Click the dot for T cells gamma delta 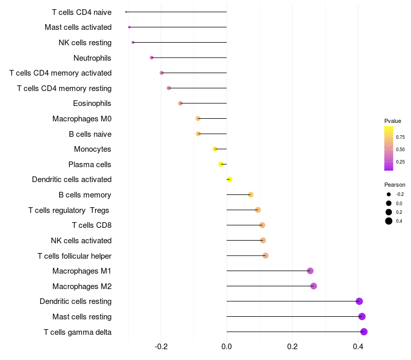pyautogui.click(x=364, y=332)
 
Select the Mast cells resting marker pyautogui.click(x=362, y=316)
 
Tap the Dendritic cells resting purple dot pyautogui.click(x=359, y=301)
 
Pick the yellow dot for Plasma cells pyautogui.click(x=221, y=164)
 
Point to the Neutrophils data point pyautogui.click(x=152, y=58)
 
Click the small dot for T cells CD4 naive pyautogui.click(x=126, y=12)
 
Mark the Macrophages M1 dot pyautogui.click(x=310, y=271)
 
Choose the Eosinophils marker pyautogui.click(x=180, y=103)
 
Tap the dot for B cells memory pyautogui.click(x=251, y=195)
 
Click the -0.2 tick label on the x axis pyautogui.click(x=161, y=347)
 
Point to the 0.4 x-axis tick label pyautogui.click(x=358, y=347)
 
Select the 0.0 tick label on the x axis pyautogui.click(x=227, y=347)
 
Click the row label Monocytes pyautogui.click(x=92, y=149)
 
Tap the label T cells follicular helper pyautogui.click(x=74, y=256)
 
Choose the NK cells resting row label pyautogui.click(x=85, y=43)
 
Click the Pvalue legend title pyautogui.click(x=393, y=121)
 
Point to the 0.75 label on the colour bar pyautogui.click(x=400, y=137)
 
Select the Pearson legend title pyautogui.click(x=395, y=185)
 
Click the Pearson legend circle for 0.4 pyautogui.click(x=389, y=221)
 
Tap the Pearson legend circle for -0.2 pyautogui.click(x=389, y=194)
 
